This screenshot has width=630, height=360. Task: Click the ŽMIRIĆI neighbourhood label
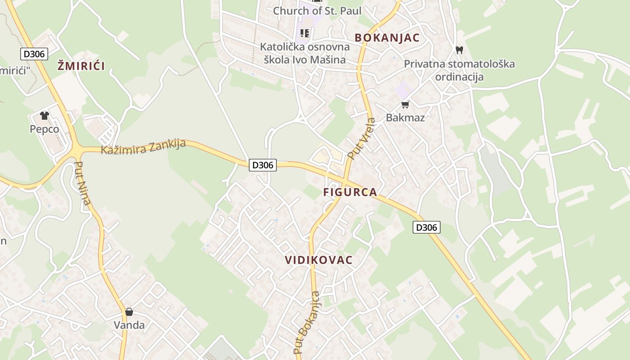81,66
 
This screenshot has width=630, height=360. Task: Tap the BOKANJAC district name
387,38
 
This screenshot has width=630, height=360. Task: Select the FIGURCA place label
350,193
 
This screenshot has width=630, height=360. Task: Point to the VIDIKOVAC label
319,260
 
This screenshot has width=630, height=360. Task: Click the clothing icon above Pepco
44,116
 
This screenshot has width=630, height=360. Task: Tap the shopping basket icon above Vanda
129,312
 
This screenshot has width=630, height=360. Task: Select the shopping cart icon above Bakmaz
405,105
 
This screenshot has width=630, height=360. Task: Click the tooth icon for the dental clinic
459,50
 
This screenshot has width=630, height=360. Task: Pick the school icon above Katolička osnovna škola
305,33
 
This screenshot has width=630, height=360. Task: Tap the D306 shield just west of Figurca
263,165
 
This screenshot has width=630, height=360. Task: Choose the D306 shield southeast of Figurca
426,227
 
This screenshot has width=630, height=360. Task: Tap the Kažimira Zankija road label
143,146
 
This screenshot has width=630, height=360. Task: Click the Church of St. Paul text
317,11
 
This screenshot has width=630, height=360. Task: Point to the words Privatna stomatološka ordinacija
459,70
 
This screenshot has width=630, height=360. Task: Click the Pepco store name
44,129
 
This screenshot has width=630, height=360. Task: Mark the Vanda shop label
129,325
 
